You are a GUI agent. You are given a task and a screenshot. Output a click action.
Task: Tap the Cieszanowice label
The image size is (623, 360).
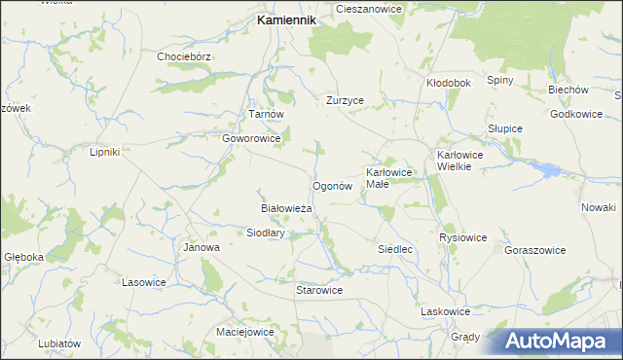(x=369, y=8)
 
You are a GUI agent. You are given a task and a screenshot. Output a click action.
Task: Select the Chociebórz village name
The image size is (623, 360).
(x=184, y=56)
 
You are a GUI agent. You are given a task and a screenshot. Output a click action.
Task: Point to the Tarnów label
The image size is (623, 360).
(x=266, y=114)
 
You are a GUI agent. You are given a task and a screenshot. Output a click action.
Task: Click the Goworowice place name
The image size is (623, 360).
(x=251, y=139)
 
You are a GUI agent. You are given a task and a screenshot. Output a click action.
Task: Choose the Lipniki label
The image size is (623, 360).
(x=104, y=152)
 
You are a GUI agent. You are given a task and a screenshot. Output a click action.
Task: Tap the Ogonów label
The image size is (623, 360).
(x=331, y=186)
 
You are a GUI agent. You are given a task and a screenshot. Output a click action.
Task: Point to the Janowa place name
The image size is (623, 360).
(x=202, y=247)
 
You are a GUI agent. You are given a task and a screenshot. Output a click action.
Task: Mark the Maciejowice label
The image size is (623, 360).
(x=244, y=332)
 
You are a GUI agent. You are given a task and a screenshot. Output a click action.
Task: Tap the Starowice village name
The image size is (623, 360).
(x=319, y=290)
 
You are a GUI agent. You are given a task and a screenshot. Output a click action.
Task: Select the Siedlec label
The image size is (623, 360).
(x=396, y=249)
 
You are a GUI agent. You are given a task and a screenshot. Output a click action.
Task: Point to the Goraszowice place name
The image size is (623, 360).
(x=534, y=250)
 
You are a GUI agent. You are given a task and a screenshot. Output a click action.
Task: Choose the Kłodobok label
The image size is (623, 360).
(x=449, y=83)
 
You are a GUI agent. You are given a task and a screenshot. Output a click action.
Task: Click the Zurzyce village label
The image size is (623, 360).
(x=345, y=100)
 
